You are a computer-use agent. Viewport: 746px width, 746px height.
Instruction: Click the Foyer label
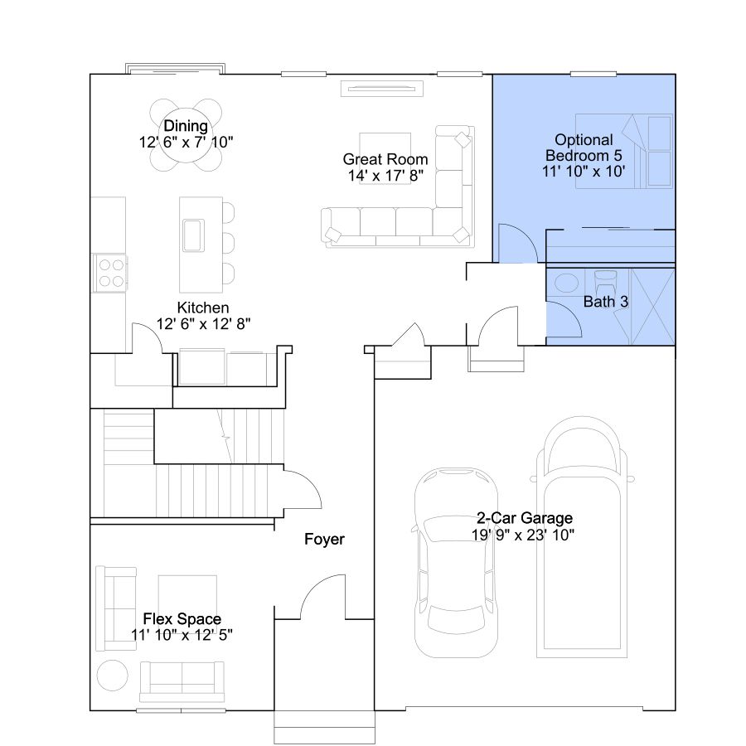[x=324, y=539]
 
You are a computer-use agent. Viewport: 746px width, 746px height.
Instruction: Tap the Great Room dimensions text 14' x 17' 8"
[x=385, y=176]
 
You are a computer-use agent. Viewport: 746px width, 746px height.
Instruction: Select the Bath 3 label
[x=606, y=302]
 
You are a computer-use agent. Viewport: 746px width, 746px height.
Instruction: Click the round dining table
[x=186, y=135]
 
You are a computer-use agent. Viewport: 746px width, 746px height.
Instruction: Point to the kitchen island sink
[x=194, y=235]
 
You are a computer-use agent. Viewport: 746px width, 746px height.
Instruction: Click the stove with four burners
[x=110, y=273]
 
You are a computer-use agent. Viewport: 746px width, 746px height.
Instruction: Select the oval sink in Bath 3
[x=566, y=283]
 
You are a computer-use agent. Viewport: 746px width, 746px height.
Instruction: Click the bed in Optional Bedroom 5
[x=624, y=151]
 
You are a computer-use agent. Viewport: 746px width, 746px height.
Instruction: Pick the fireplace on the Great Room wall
[x=381, y=89]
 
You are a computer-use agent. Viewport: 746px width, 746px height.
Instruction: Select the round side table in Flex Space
[x=112, y=675]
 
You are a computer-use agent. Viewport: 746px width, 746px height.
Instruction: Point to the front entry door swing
[x=322, y=597]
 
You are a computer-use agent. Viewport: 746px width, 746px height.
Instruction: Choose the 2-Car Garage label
[x=525, y=517]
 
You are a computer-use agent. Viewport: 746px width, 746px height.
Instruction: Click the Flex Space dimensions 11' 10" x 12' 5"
[x=182, y=635]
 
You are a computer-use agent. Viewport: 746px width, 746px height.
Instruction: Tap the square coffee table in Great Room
[x=385, y=158]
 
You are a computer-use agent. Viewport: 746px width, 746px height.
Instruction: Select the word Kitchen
[x=203, y=308]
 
